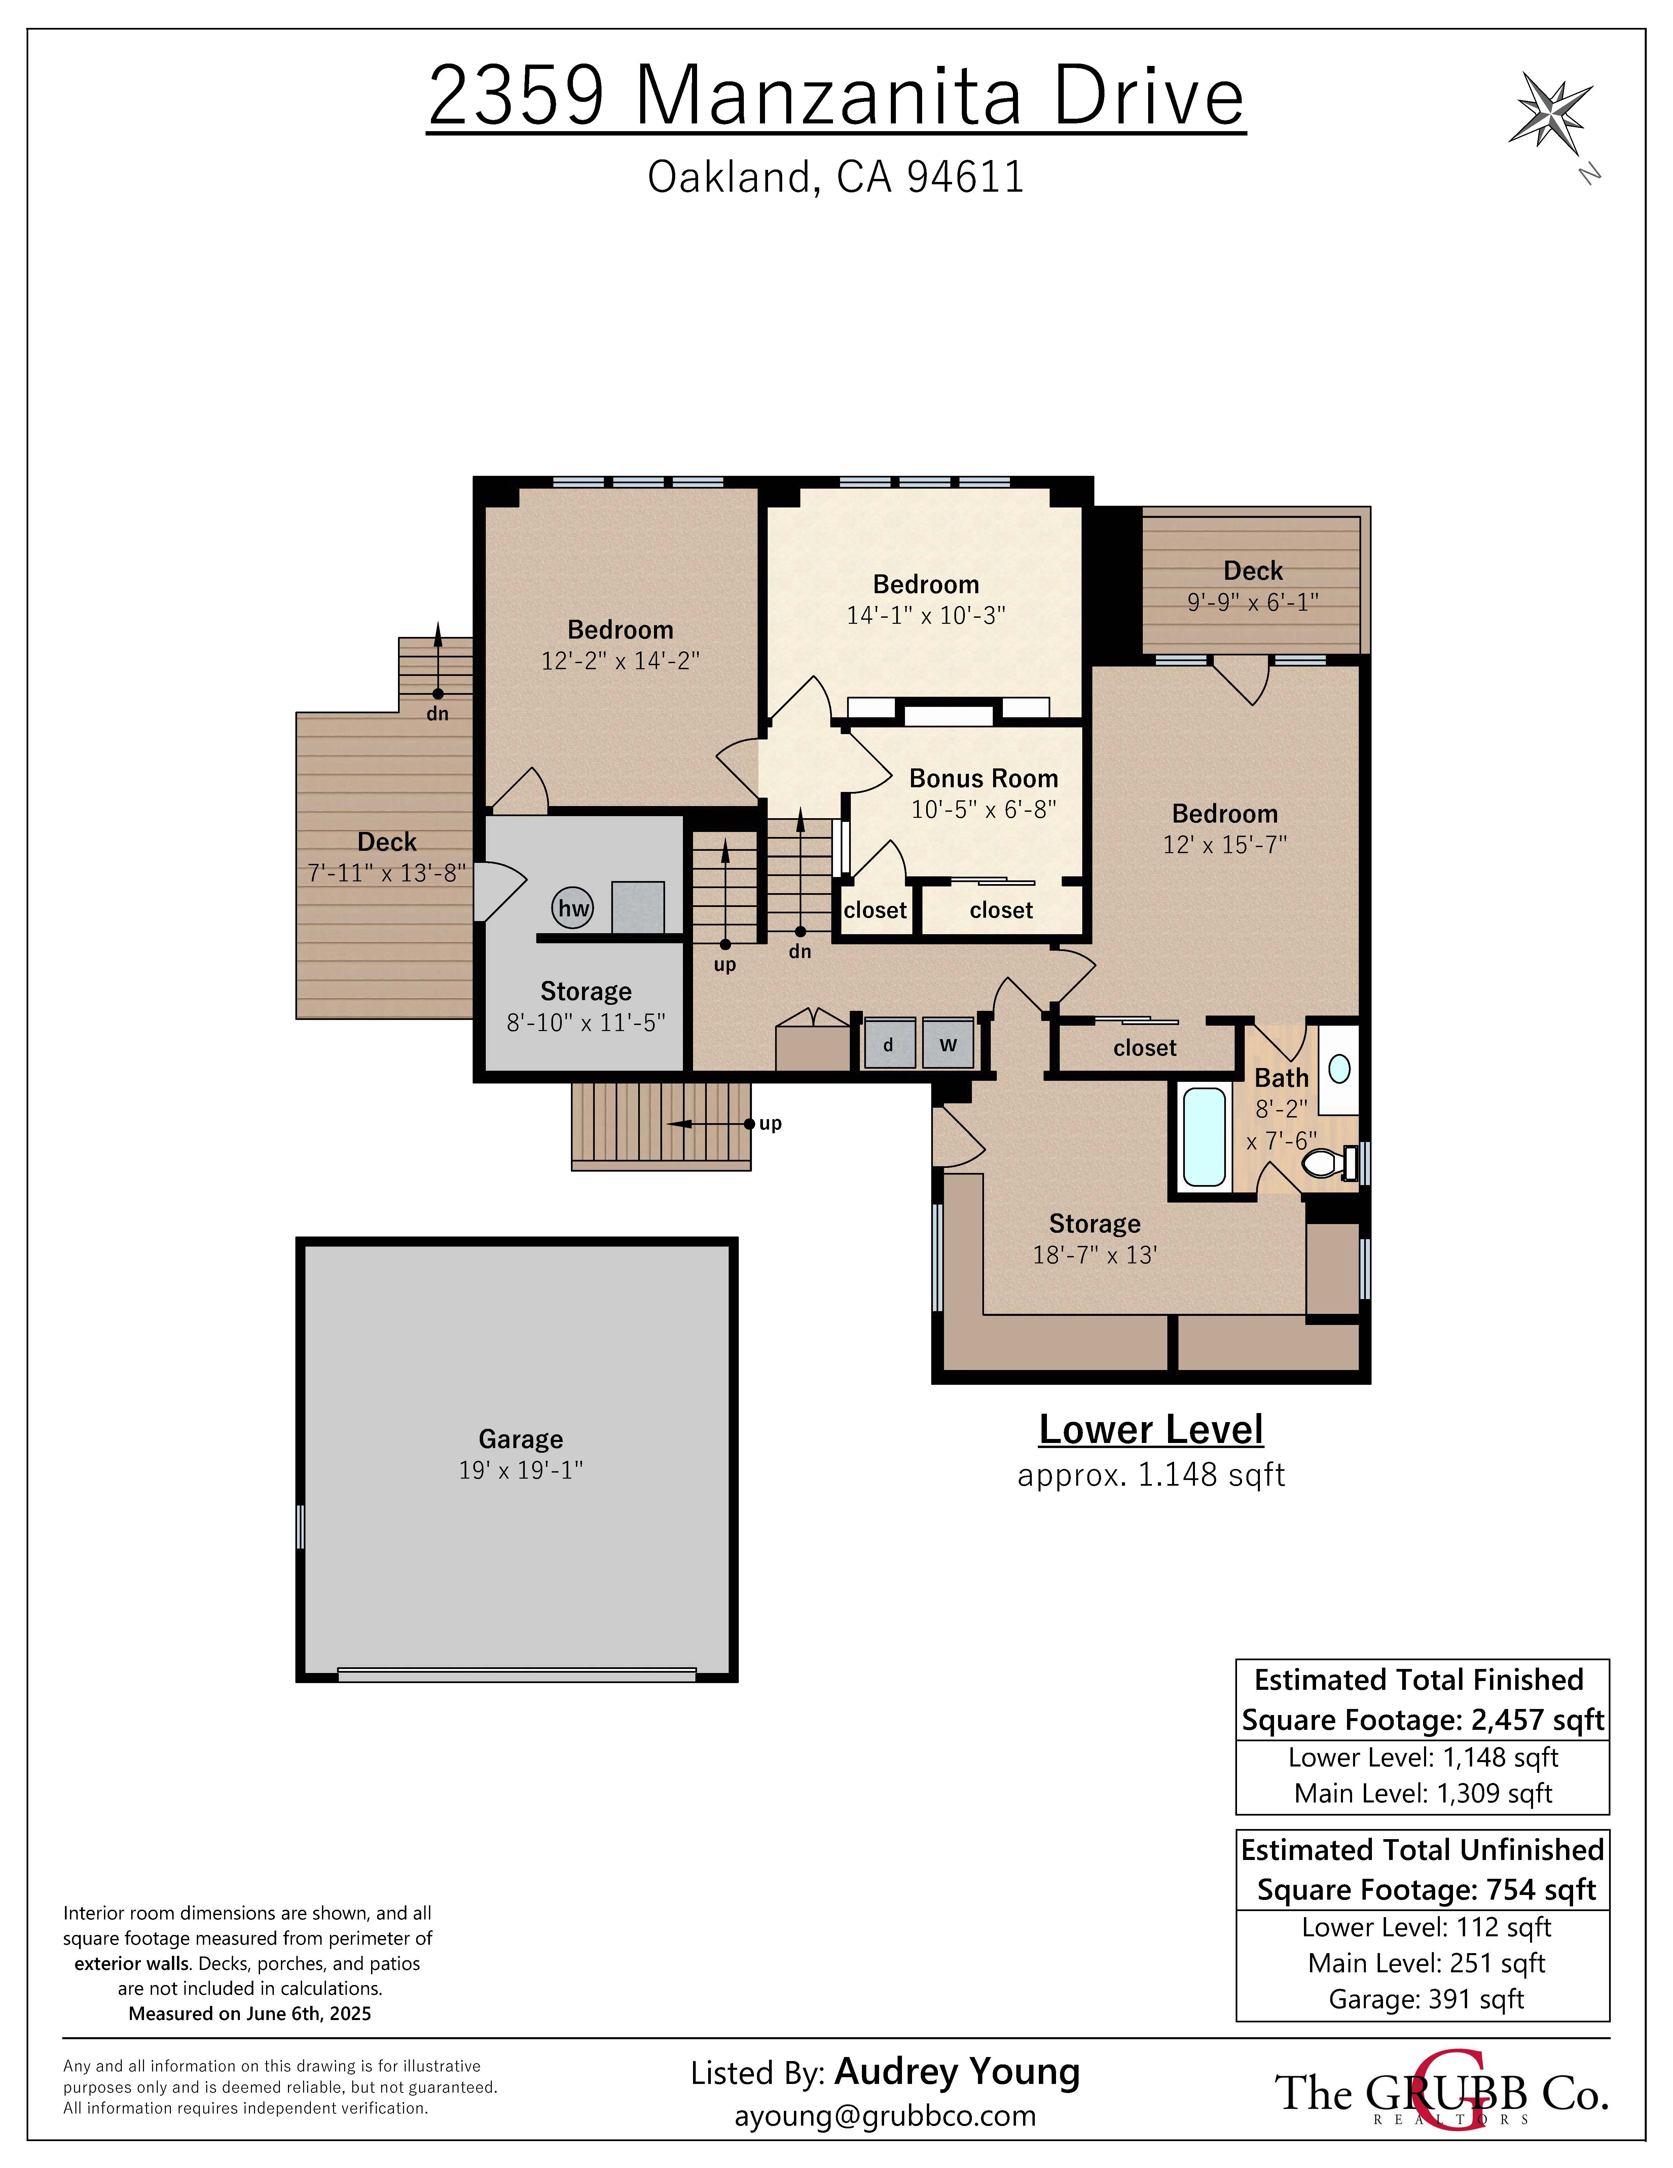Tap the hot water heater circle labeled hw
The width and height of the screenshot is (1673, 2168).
point(573,907)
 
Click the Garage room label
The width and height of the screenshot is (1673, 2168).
point(520,1438)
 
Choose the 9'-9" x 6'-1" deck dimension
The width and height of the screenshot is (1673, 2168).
point(1253,602)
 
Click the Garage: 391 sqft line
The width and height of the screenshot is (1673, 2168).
point(1426,1999)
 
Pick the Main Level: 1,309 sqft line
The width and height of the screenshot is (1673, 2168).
point(1423,1793)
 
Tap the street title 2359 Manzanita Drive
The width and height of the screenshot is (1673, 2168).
point(836,96)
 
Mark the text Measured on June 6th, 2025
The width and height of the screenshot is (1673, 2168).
point(249,2013)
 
